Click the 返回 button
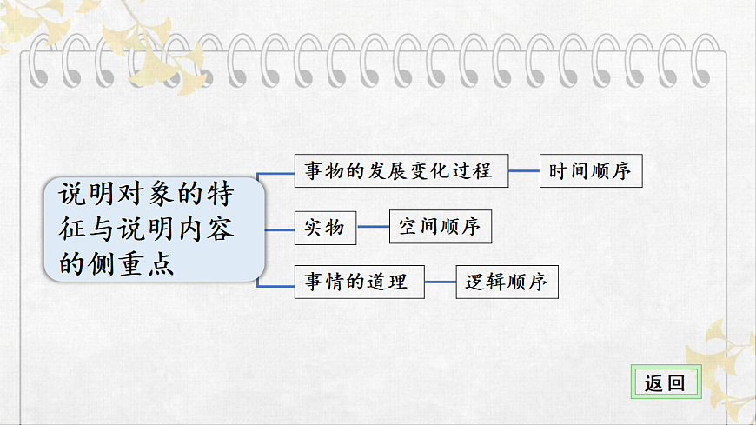coord(666,382)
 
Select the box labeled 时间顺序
coord(591,170)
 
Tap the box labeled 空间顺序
coord(441,226)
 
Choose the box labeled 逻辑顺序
coord(507,282)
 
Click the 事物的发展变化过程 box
coord(401,170)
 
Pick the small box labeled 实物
coord(325,228)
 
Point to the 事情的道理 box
coord(359,282)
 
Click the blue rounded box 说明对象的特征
coord(155,229)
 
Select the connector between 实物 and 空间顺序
coord(373,227)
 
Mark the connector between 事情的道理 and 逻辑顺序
coord(441,282)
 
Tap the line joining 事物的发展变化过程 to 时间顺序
coord(524,170)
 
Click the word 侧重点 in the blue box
coord(131,263)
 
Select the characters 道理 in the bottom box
coord(388,282)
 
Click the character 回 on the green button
coord(676,383)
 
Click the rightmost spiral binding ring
coord(706,61)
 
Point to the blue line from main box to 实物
coord(280,229)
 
